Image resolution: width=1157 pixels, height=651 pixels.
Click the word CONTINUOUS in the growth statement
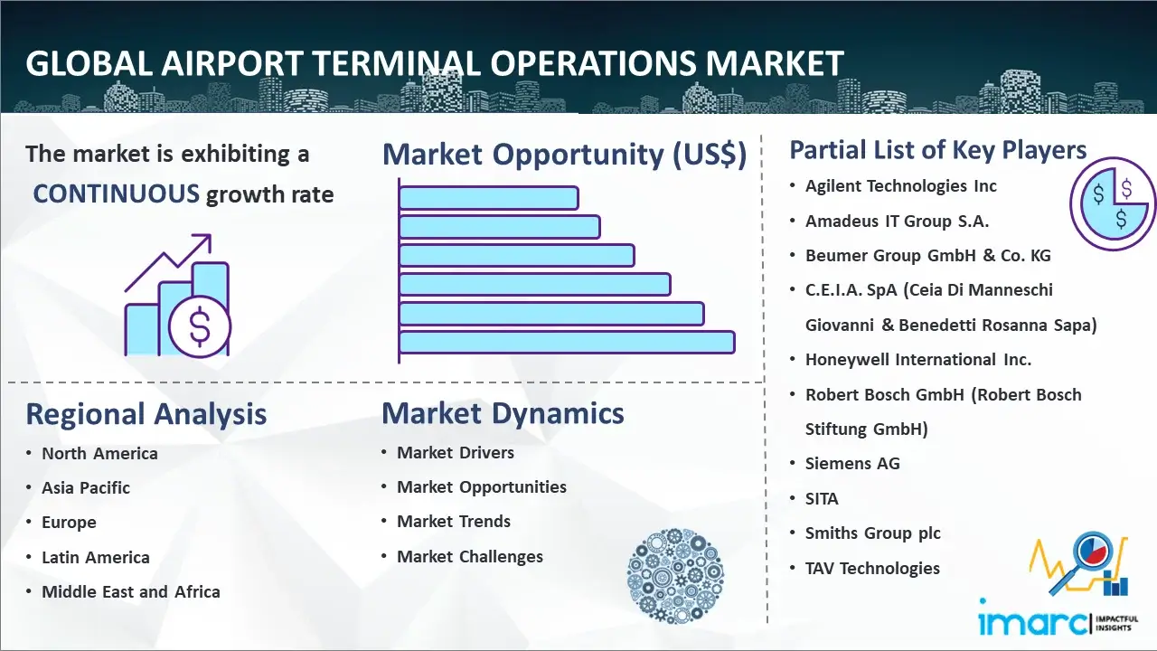(116, 193)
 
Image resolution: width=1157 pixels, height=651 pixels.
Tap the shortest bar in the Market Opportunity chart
(489, 198)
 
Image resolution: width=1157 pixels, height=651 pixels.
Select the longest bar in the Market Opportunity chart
(567, 343)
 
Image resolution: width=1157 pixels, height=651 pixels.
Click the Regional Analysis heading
(146, 414)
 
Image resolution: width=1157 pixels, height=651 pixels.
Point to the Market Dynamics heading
(503, 413)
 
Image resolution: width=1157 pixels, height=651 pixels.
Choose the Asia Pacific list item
(86, 487)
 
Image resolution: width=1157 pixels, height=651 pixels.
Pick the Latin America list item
(96, 558)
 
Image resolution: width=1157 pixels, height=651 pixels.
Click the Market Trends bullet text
(454, 522)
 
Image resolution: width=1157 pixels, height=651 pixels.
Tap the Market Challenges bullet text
(469, 556)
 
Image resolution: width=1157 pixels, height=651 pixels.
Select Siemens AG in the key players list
(852, 464)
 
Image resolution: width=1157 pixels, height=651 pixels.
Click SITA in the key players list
(822, 498)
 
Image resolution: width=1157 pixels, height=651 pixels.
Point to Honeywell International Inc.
(917, 360)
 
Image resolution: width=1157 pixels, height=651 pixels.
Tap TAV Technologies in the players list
(872, 569)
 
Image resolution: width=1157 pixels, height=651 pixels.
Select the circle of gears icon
(675, 576)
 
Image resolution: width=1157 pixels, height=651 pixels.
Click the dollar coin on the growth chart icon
(200, 327)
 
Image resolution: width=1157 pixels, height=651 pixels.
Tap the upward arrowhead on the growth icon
(203, 241)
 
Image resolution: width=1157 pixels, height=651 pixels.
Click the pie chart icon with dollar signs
(1113, 204)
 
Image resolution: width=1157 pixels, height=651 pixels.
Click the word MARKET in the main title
(775, 63)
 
